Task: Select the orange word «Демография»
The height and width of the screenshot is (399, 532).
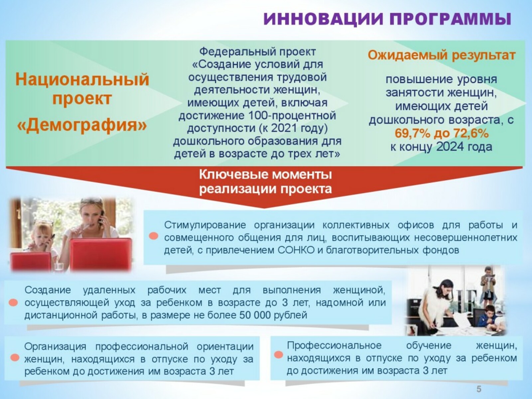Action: [82, 125]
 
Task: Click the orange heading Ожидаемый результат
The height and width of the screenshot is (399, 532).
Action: [441, 56]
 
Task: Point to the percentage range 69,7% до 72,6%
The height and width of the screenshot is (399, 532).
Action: [441, 133]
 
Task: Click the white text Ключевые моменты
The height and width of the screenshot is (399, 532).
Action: [265, 175]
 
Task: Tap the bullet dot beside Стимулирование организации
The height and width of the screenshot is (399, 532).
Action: [153, 236]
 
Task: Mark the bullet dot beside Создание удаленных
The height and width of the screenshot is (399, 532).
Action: [13, 303]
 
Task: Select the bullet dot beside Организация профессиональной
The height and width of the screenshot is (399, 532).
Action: [15, 358]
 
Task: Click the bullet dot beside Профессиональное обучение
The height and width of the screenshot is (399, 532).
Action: [279, 355]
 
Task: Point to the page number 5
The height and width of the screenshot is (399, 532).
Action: [479, 389]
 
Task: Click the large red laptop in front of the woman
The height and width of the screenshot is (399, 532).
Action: [101, 254]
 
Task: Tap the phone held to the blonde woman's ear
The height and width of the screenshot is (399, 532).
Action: [102, 216]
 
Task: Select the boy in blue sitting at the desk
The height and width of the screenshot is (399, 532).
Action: [487, 319]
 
